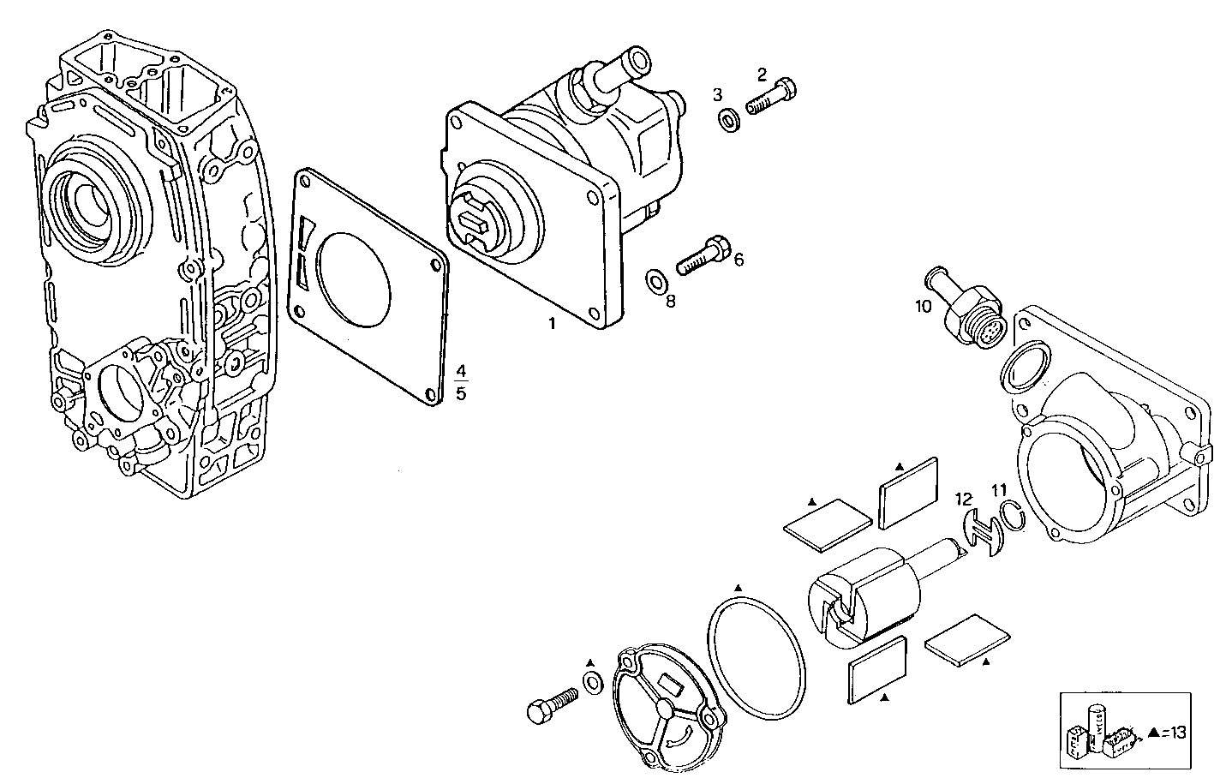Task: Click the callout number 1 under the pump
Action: pyautogui.click(x=553, y=323)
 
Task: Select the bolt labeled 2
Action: pyautogui.click(x=771, y=96)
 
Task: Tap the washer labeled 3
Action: pyautogui.click(x=730, y=120)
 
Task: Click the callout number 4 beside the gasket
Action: pyautogui.click(x=461, y=371)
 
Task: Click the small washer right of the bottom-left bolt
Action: pyautogui.click(x=592, y=682)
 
